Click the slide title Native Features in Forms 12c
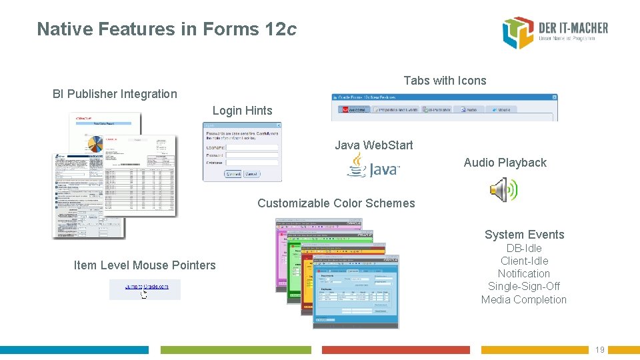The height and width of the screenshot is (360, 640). click(x=167, y=29)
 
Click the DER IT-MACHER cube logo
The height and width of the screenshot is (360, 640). click(x=518, y=33)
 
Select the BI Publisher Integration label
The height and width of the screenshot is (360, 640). click(x=115, y=94)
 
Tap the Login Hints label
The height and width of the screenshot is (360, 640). click(x=242, y=111)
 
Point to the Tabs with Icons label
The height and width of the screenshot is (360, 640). click(x=445, y=81)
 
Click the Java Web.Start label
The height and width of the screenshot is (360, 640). click(x=373, y=145)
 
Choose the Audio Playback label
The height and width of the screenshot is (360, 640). click(x=505, y=163)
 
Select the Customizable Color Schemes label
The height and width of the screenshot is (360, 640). click(x=336, y=203)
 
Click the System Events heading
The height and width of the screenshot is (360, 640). click(x=524, y=235)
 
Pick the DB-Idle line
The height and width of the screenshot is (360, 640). click(x=524, y=248)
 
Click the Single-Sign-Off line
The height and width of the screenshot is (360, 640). click(x=524, y=287)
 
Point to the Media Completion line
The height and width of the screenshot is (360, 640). click(x=524, y=299)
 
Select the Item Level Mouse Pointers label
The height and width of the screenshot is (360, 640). click(x=145, y=265)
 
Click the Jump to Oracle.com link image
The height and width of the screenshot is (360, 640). click(x=145, y=289)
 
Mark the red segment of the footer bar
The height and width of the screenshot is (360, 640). click(x=395, y=350)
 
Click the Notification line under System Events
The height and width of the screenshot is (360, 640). click(x=524, y=274)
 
